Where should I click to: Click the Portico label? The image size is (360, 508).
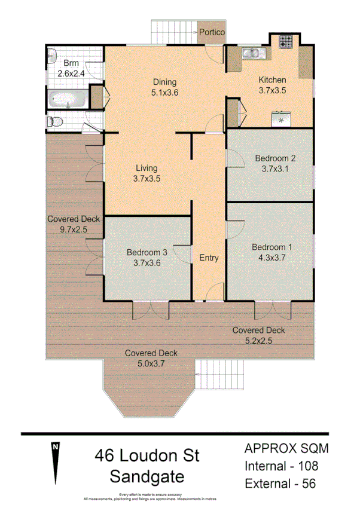pos(212,32)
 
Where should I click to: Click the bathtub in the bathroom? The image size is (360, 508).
pos(67,99)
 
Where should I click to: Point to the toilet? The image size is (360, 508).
pos(54,122)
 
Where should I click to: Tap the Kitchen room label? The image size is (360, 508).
pos(272,80)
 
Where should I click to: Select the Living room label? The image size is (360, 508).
pos(147,167)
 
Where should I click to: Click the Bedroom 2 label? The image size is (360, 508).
pos(276,158)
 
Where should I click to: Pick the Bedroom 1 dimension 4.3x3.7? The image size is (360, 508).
pos(272,258)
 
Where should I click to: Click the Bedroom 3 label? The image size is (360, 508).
pos(147,253)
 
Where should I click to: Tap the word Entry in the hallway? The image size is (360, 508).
pos(209,258)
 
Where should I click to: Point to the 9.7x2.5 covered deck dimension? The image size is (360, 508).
pos(73,229)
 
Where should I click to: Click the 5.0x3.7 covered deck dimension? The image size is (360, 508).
pos(151,363)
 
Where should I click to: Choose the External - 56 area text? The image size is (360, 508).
pos(281,483)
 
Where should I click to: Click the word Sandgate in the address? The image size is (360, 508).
pos(147,477)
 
